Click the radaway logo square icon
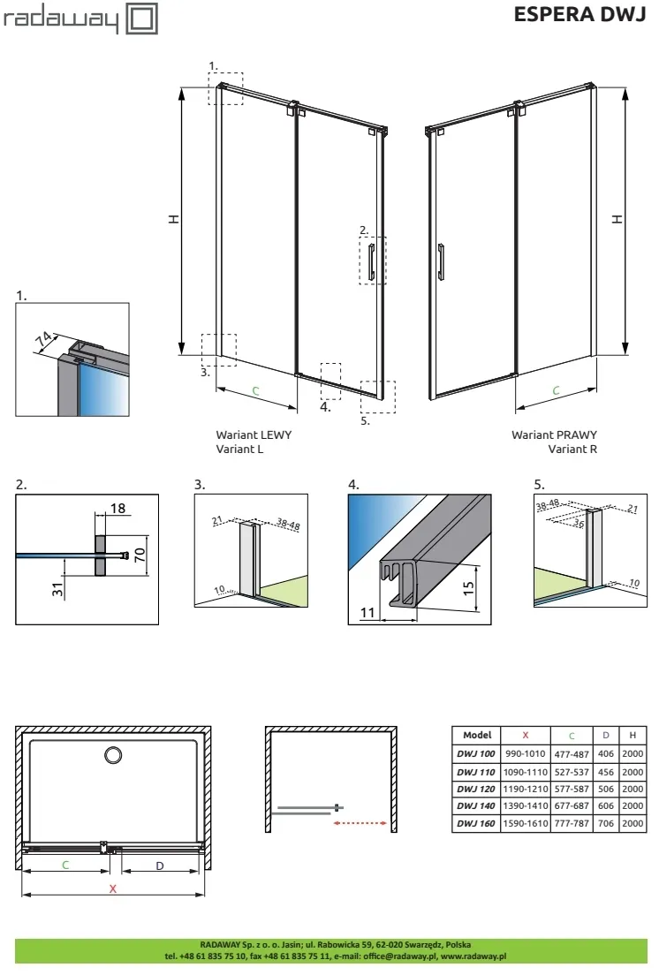pos(143,19)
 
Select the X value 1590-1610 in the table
pos(525,823)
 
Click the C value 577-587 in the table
pos(572,788)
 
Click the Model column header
pos(476,735)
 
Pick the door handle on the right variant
pos(441,262)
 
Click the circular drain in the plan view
pos(113,755)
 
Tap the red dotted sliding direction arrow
pos(363,823)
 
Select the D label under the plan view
pos(160,865)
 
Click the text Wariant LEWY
pos(253,435)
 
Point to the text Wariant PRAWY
pos(554,435)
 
